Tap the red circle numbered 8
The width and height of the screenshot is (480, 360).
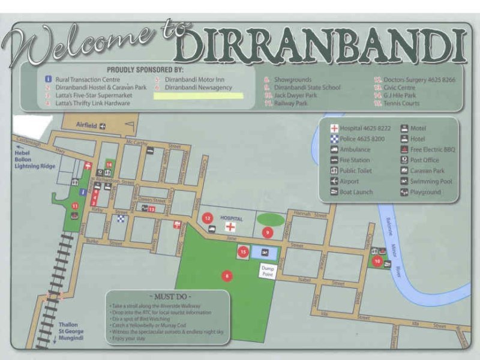pos(226,276)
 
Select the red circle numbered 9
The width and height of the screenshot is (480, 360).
pos(268,232)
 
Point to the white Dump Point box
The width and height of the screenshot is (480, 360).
pos(267,272)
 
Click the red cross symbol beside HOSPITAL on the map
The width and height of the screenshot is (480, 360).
pos(230,227)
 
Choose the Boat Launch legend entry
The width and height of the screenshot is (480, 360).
pos(356,192)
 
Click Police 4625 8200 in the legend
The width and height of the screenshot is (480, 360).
pos(362,139)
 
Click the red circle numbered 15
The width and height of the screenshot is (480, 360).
pos(243,253)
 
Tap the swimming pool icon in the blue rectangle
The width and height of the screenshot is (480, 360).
pos(265,253)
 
